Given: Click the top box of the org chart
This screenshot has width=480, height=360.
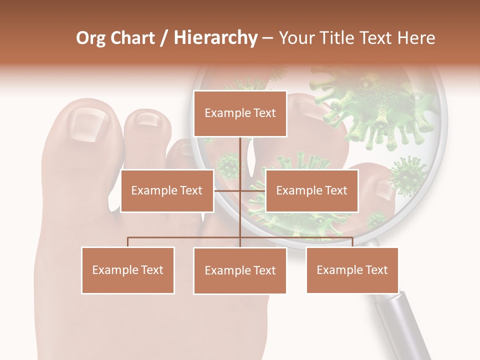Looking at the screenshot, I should pos(240,113).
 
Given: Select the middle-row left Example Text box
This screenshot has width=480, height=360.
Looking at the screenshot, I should pos(167,190).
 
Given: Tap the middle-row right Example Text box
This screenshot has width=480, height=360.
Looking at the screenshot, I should pos(311,190).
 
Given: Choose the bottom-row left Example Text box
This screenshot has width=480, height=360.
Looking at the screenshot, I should pos(127,270).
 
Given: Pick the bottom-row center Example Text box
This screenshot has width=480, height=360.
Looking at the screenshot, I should pos(240,270).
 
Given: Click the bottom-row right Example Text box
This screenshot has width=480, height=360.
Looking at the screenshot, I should pos(352,270).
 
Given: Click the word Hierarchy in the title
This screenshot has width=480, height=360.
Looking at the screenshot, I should pos(215,38).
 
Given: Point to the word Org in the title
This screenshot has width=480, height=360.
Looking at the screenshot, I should pos(90,38).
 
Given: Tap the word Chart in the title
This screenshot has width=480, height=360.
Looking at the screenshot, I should pos(132,38).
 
